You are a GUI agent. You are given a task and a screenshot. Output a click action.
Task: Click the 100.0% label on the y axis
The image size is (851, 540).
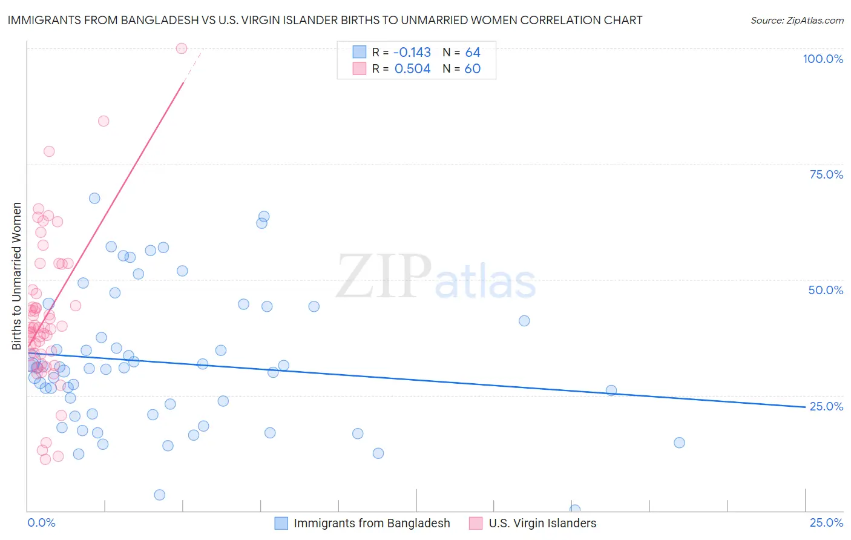[823, 59]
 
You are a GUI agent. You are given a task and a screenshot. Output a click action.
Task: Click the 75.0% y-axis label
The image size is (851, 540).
[826, 174]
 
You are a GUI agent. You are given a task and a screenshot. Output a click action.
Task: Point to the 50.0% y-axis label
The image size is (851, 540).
[826, 290]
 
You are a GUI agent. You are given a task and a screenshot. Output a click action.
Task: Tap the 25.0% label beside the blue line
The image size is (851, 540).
[826, 406]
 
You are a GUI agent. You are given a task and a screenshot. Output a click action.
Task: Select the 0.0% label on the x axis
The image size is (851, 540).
[41, 523]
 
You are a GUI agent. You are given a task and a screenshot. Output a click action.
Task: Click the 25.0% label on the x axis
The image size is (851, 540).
[826, 523]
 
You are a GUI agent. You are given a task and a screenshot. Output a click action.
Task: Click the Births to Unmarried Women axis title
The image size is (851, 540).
[16, 276]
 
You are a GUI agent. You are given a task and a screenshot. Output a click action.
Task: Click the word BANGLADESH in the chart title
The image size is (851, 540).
[159, 20]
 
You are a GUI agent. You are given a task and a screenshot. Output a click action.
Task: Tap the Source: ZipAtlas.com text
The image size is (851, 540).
[797, 20]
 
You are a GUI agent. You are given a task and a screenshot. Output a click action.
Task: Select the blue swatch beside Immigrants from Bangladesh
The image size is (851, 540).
[281, 523]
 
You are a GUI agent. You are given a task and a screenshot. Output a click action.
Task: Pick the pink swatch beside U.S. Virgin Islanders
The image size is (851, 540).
[476, 523]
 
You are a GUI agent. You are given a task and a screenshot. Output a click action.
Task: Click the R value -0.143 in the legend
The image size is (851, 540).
[412, 52]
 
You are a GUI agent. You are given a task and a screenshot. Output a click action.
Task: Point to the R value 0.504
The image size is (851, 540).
[412, 68]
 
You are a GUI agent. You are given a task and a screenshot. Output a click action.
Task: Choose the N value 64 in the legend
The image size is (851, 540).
[473, 52]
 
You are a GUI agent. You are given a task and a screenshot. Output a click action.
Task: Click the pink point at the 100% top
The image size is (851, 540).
[182, 48]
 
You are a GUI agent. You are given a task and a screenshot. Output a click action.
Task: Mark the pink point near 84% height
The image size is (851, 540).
[103, 121]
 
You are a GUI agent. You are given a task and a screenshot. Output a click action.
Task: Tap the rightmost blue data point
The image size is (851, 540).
[679, 443]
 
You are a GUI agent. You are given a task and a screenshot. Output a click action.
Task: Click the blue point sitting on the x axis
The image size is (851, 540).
[575, 510]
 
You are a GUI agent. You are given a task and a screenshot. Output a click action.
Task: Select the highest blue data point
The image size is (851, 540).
[94, 198]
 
